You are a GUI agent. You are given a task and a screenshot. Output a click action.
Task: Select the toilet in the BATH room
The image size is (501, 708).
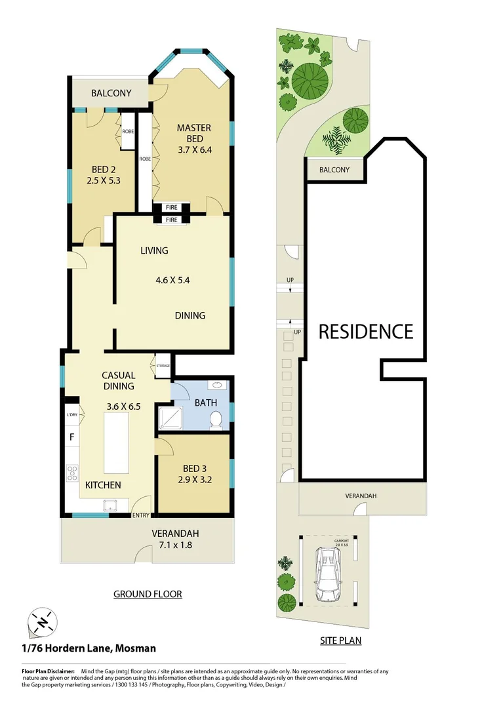214,420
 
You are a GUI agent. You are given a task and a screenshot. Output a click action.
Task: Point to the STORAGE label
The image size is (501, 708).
162,366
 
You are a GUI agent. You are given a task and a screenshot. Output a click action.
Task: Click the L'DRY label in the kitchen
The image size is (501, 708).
71,415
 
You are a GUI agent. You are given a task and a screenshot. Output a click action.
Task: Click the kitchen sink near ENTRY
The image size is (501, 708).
108,504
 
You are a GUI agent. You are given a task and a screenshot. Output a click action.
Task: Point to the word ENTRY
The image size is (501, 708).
140,515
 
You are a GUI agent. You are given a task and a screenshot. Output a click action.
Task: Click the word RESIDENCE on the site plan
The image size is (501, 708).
365,331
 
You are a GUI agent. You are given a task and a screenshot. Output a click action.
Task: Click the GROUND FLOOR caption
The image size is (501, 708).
148,594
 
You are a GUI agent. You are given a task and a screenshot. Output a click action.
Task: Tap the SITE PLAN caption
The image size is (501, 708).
340,640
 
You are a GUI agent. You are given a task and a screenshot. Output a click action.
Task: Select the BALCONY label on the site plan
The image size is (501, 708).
334,170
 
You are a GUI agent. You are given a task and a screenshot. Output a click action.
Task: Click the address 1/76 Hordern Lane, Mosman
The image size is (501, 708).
89,648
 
